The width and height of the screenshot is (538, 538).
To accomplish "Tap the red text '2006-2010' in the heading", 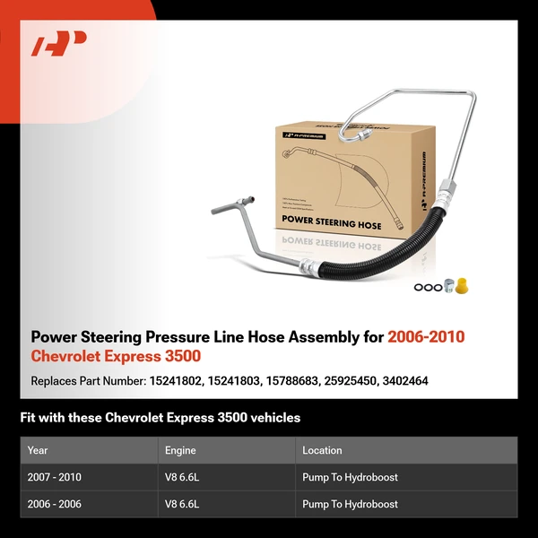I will (426, 338).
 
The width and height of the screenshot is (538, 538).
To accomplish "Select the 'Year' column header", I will (38, 450).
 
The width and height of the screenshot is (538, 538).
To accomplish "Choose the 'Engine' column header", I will (180, 450).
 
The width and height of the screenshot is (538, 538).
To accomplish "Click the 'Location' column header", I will (322, 450).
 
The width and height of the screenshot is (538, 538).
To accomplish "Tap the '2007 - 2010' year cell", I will (55, 477).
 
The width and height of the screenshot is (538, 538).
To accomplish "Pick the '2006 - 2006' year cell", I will (55, 504).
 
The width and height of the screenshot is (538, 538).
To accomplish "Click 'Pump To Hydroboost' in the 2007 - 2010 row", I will (350, 477).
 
